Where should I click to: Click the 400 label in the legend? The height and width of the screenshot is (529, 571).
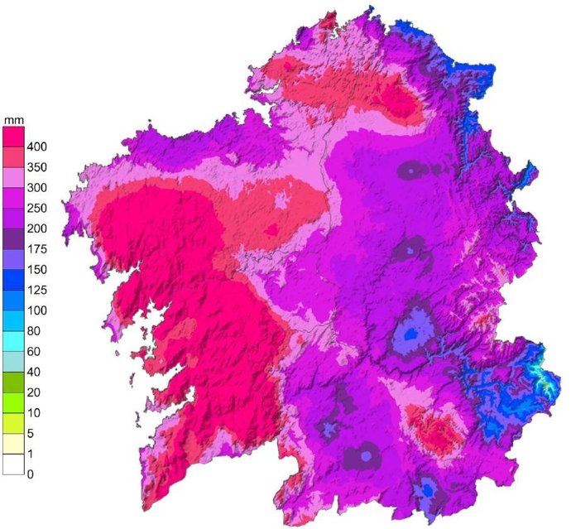36,147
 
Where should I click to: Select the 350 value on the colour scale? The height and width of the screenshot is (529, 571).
36,167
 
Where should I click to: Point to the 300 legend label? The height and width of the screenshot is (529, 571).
36,188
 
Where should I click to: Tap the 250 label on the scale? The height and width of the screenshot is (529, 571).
36,208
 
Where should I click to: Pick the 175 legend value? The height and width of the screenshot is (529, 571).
36,249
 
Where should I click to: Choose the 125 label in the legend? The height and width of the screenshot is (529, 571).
36,290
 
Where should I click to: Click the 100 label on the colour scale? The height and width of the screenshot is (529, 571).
36,310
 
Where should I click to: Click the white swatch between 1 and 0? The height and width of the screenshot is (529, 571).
13,464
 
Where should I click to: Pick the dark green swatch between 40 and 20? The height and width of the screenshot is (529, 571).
13,382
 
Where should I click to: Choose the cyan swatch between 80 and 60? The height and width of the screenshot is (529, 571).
13,341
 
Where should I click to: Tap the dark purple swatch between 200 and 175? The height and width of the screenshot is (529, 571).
13,238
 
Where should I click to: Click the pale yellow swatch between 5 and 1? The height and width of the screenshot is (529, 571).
13,444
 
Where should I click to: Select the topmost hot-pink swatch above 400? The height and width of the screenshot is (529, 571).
13,136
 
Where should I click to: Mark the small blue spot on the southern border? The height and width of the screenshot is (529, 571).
427,490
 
